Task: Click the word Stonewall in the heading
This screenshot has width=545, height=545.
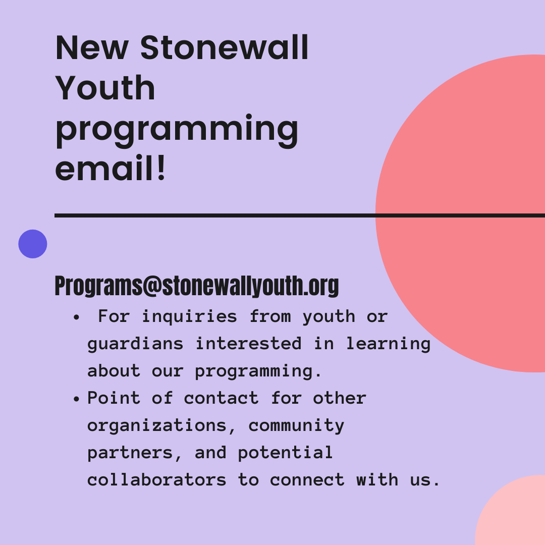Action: click(x=224, y=48)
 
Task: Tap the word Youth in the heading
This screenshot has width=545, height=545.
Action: click(x=105, y=88)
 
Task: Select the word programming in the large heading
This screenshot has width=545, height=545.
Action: click(x=177, y=129)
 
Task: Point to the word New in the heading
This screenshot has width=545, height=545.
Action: click(x=92, y=48)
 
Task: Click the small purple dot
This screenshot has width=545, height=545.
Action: click(x=33, y=244)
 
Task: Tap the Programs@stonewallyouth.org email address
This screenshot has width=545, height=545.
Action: click(x=197, y=286)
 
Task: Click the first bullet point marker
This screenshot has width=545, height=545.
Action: click(x=76, y=317)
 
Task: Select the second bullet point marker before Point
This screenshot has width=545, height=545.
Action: click(x=76, y=399)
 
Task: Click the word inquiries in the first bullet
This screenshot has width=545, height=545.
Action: click(x=189, y=316)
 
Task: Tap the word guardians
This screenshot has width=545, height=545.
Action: click(x=135, y=344)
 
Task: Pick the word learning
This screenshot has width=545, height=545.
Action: click(x=388, y=344)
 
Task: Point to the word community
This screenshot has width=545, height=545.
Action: click(x=296, y=425)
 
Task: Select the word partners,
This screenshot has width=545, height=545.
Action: click(x=135, y=453)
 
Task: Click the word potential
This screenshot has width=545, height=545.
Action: click(x=285, y=453)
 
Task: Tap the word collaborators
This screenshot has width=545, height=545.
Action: click(x=157, y=480)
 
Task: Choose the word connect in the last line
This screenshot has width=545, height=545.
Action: click(x=307, y=480)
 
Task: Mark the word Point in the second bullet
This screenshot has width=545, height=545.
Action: click(x=114, y=398)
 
